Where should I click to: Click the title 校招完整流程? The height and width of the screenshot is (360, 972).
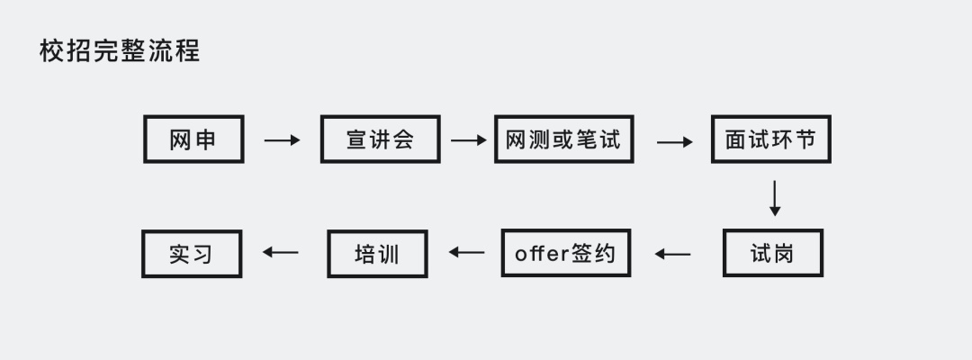(x=120, y=50)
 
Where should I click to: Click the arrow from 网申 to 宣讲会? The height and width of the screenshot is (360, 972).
(x=282, y=140)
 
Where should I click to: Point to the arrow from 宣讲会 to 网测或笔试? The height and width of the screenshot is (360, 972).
(x=469, y=140)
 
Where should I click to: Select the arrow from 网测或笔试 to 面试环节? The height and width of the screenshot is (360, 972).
(x=674, y=142)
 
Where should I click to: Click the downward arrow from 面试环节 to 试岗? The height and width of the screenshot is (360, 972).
(x=774, y=198)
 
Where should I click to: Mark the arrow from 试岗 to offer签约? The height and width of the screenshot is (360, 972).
(x=672, y=254)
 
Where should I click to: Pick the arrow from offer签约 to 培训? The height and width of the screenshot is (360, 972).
(x=467, y=252)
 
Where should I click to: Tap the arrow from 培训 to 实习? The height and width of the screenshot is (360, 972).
(x=280, y=252)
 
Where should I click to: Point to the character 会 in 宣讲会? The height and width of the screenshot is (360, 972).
(x=403, y=139)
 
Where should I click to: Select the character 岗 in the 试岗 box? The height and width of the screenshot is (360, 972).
(x=784, y=254)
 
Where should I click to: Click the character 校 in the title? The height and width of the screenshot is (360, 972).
(x=50, y=50)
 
